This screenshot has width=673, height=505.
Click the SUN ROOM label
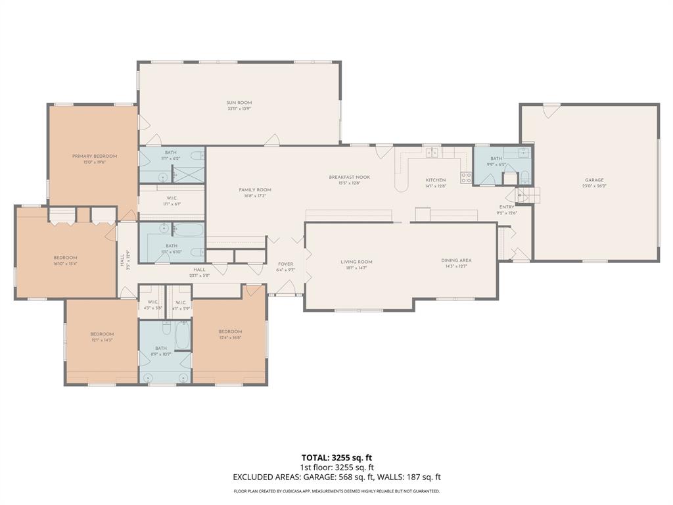(239, 103)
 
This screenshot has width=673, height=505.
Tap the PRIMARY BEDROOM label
(95, 156)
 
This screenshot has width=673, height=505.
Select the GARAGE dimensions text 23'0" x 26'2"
(594, 186)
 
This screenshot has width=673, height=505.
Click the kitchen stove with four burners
(465, 178)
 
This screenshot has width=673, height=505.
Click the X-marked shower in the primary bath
(188, 174)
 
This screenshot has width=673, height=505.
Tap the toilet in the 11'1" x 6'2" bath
(197, 155)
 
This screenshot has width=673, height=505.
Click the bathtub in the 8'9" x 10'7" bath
(182, 335)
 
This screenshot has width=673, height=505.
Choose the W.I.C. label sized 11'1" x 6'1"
(171, 198)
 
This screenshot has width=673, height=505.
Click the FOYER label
(285, 264)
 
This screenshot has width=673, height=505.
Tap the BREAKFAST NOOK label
(350, 177)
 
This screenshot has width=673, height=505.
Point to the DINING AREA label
(456, 260)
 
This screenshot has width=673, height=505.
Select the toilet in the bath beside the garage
(525, 176)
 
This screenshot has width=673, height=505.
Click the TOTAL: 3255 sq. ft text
(336, 457)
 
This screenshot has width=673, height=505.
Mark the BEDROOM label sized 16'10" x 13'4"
(66, 257)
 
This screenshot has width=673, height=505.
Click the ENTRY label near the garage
(507, 206)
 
